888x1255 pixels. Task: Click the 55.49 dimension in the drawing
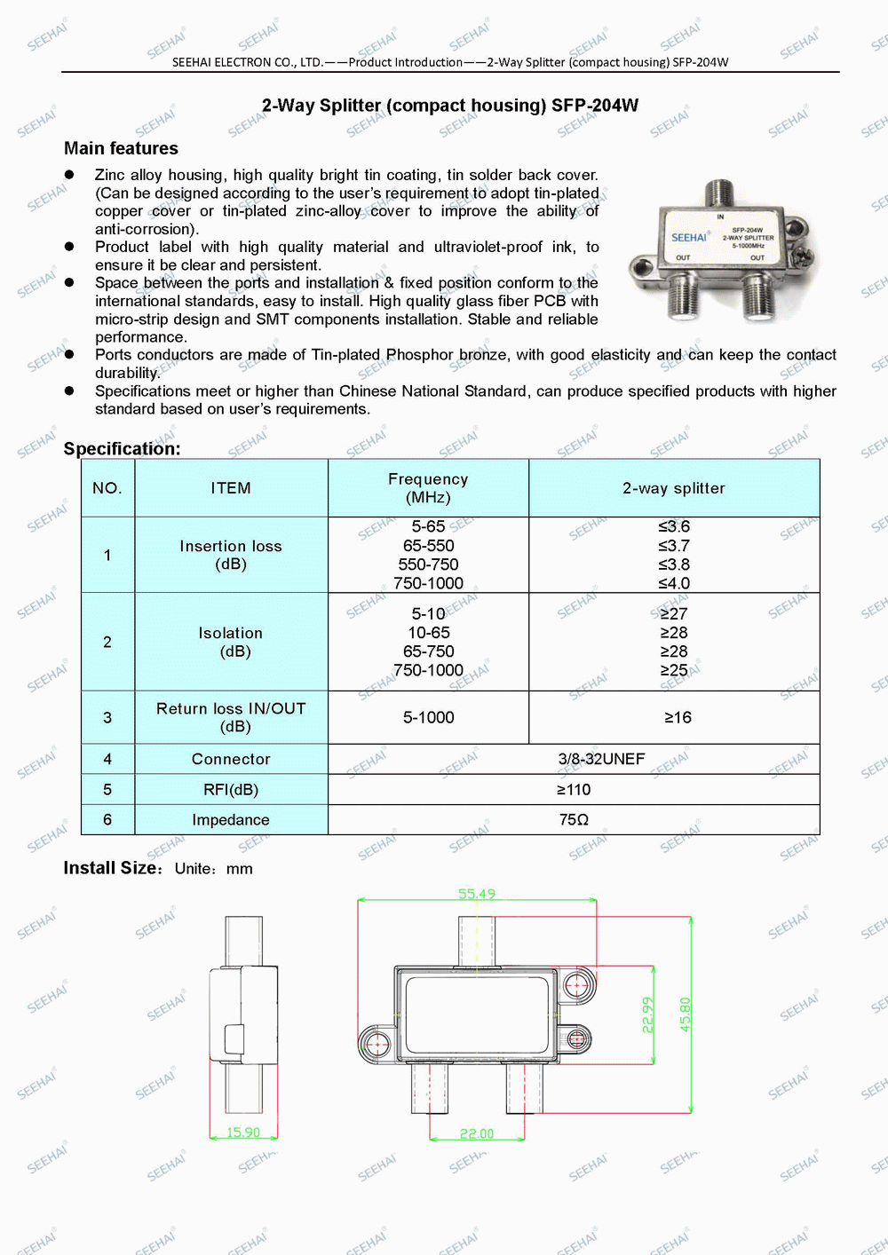coord(477,894)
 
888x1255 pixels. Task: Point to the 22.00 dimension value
coord(477,1133)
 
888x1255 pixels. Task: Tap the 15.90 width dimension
coord(243,1133)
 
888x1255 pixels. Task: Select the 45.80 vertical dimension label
coord(685,1014)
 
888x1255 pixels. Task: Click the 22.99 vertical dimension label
coord(647,1014)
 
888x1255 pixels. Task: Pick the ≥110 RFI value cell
coord(574,790)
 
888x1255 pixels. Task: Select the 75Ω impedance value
coord(574,820)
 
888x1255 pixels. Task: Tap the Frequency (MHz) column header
coord(428,488)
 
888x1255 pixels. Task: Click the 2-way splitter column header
coord(674,488)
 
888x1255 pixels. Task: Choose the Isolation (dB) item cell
coord(231,642)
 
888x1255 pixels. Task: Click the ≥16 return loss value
coord(678,717)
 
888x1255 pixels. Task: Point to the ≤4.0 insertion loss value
coord(674,583)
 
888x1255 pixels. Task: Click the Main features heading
coord(121,148)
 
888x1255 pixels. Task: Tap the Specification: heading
coord(122,449)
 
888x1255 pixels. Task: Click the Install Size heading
coord(111,868)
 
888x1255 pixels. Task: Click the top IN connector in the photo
coord(719,192)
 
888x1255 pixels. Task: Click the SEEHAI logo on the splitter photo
coord(689,237)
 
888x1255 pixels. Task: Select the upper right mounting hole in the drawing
coord(579,984)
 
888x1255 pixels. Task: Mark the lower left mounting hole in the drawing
coord(375,1042)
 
